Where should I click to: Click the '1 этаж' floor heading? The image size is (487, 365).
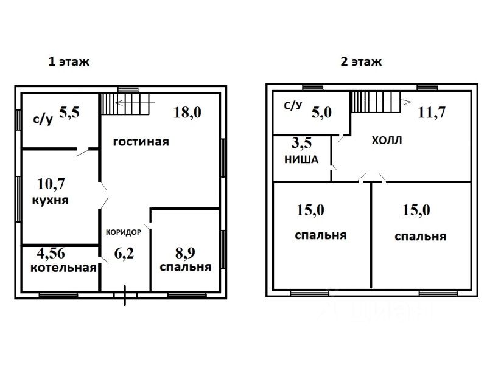point(69,61)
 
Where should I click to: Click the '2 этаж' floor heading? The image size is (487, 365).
point(361,61)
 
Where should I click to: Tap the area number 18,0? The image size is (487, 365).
point(187,113)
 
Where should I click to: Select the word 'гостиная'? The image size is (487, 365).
point(141,142)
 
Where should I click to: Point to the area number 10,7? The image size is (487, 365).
point(51,184)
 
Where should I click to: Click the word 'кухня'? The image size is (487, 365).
point(51,200)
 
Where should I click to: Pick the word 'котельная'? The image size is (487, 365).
point(63,268)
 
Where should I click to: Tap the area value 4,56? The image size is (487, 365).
point(51,253)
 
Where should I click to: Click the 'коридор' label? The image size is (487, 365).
point(124,232)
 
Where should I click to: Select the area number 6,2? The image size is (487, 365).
point(124,253)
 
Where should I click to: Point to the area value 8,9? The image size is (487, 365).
point(185,253)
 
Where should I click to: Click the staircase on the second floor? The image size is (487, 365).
point(376,102)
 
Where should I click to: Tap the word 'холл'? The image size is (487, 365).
point(387,141)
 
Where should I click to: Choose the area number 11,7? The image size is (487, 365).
point(432,113)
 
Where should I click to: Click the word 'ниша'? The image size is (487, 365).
point(301,159)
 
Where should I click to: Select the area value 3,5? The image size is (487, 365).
point(301,143)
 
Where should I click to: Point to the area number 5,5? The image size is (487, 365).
point(69,113)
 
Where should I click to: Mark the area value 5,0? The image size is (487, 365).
point(322,113)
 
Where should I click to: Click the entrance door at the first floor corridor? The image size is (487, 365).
point(125,296)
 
